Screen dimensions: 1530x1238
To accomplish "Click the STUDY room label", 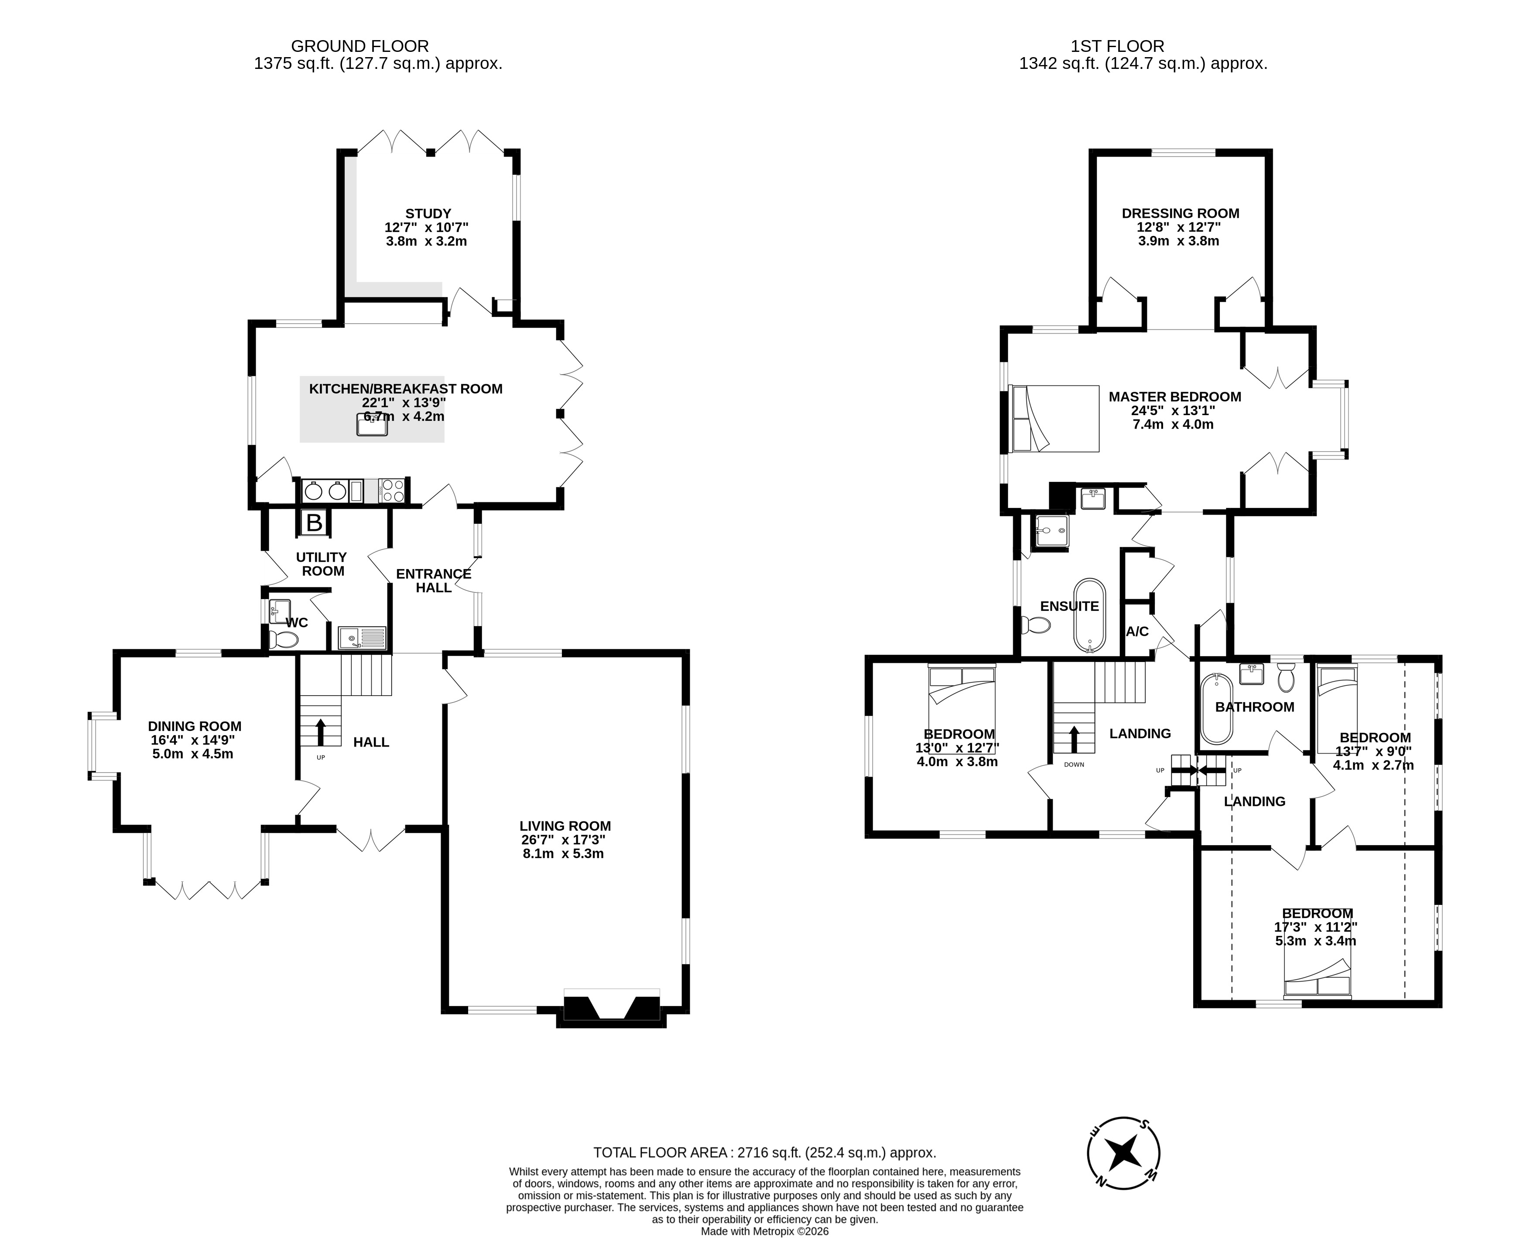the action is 428,213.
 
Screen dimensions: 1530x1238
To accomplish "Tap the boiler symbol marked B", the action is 314,523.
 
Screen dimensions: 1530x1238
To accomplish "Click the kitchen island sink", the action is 372,425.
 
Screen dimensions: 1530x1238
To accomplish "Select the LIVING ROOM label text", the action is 565,826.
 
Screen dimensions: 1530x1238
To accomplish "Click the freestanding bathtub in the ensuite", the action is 1089,615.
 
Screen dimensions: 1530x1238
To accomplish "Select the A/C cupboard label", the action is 1137,631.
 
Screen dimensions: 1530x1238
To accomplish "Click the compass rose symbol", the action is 1123,1153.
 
